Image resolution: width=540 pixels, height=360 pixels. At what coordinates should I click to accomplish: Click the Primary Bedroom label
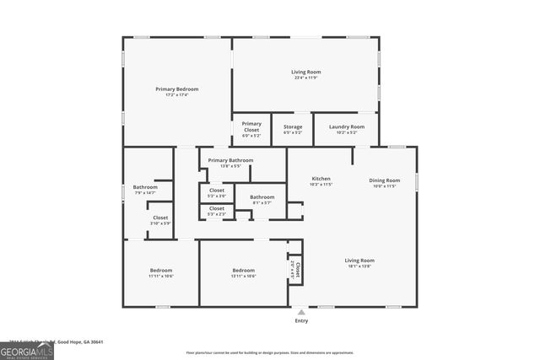click(x=176, y=89)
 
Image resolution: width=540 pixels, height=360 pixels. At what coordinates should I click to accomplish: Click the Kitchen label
click(x=321, y=179)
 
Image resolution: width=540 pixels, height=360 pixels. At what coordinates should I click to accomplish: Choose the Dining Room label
click(x=385, y=180)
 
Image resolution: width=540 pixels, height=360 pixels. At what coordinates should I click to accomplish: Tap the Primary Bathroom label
click(x=229, y=160)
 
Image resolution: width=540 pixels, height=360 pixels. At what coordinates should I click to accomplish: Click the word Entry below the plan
click(x=301, y=321)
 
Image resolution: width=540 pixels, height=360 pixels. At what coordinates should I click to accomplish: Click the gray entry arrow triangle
click(x=301, y=312)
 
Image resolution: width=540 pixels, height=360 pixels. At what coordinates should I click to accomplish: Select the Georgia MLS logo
click(x=27, y=348)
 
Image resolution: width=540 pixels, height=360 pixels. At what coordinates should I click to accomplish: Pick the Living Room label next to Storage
click(x=306, y=73)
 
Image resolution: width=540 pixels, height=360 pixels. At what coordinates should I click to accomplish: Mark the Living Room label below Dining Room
click(x=359, y=261)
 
